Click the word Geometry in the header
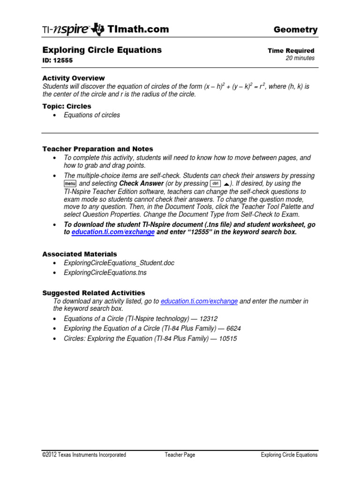pyautogui.click(x=295, y=30)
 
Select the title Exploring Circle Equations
pyautogui.click(x=102, y=50)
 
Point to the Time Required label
pyautogui.click(x=291, y=51)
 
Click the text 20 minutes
pyautogui.click(x=300, y=58)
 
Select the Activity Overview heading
pyautogui.click(x=74, y=78)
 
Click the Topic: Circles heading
pyautogui.click(x=67, y=106)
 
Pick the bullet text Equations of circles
pyautogui.click(x=92, y=115)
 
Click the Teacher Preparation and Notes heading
pyautogui.click(x=97, y=149)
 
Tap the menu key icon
pyautogui.click(x=70, y=184)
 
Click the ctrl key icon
pyautogui.click(x=216, y=184)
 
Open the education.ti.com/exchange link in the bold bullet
pyautogui.click(x=113, y=232)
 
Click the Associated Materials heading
pyautogui.click(x=80, y=254)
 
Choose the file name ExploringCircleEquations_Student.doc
pyautogui.click(x=119, y=263)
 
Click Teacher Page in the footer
pyautogui.click(x=180, y=455)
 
